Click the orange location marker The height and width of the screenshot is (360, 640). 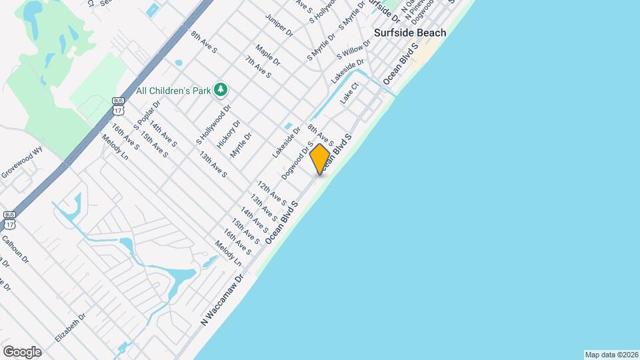click(x=320, y=159)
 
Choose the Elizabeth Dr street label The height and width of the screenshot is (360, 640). click(x=71, y=328)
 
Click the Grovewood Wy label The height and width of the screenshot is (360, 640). click(x=21, y=163)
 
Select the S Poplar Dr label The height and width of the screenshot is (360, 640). click(x=147, y=114)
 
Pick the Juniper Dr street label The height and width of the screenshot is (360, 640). click(x=279, y=24)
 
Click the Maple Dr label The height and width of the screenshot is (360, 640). click(x=267, y=55)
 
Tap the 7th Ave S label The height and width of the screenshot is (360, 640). click(x=257, y=67)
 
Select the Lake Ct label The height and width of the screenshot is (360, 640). click(x=350, y=93)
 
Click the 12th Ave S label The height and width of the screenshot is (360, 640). click(x=272, y=193)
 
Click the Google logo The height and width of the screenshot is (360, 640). click(x=22, y=352)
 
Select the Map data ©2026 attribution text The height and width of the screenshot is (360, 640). click(x=611, y=355)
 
